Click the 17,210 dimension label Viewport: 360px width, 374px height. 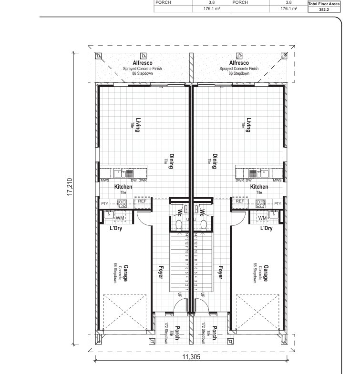(x=70, y=187)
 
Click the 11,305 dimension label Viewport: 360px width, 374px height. (x=192, y=357)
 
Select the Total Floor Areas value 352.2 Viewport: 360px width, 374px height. (x=324, y=10)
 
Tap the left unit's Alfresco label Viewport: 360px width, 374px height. (x=143, y=63)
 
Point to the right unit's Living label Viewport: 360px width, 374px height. (x=249, y=125)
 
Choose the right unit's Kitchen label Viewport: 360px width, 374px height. (x=259, y=187)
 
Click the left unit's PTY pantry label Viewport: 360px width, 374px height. (x=104, y=204)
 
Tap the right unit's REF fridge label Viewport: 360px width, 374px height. (x=240, y=201)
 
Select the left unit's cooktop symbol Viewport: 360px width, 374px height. (x=122, y=204)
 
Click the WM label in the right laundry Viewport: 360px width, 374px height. (x=262, y=218)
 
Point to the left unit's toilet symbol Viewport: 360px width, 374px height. (x=179, y=225)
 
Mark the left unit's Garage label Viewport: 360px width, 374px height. (x=125, y=273)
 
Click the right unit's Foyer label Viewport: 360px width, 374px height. (x=220, y=273)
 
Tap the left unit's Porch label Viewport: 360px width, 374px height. (x=177, y=333)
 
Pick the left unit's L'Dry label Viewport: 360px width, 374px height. (x=116, y=228)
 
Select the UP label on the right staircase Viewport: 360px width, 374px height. (x=203, y=295)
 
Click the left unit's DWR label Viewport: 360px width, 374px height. (x=143, y=180)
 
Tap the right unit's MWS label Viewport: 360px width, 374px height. (x=278, y=180)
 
